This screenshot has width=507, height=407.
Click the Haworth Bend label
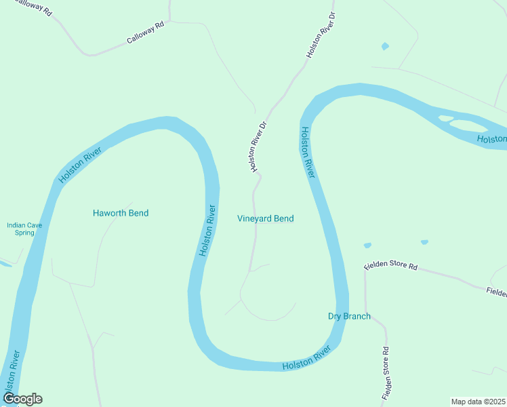tap(120, 213)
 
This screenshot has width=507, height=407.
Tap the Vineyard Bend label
tap(265, 218)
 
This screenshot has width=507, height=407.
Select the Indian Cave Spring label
tap(20, 229)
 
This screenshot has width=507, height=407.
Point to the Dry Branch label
tap(349, 316)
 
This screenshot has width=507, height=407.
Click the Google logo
tap(22, 399)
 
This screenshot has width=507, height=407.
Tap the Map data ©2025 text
tap(478, 402)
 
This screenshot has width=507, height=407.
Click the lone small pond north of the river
tap(386, 46)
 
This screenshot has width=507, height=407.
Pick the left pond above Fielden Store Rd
tap(367, 245)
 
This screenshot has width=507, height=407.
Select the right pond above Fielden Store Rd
tap(424, 242)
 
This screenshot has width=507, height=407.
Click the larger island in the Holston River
tap(468, 125)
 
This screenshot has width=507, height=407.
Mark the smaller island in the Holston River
tap(445, 119)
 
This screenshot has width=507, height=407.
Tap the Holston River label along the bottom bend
tap(306, 358)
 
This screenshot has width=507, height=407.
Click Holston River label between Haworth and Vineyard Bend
tap(208, 231)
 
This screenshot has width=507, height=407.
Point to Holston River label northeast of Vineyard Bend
tap(308, 153)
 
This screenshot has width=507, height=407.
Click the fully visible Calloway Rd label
tap(146, 33)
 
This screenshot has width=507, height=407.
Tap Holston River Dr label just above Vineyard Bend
tap(255, 147)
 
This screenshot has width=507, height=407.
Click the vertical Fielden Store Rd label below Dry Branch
tap(385, 373)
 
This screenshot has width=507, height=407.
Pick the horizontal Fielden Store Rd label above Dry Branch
tap(390, 265)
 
